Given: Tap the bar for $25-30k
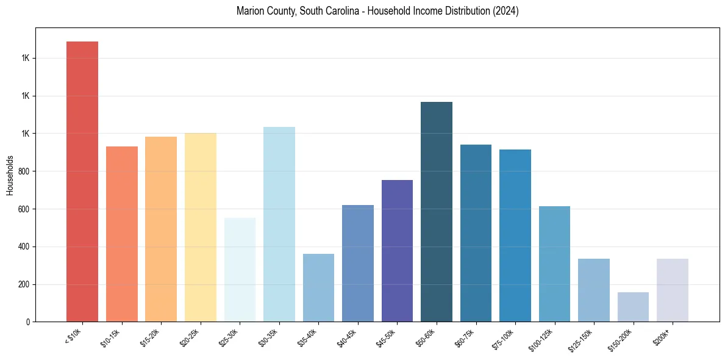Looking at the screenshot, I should (240, 269).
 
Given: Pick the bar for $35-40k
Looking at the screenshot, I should (318, 287).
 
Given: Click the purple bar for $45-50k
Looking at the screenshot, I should (397, 251).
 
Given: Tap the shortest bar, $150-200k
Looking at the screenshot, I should (633, 307).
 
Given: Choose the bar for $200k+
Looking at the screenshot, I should (673, 290).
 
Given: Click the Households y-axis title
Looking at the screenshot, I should (10, 175).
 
